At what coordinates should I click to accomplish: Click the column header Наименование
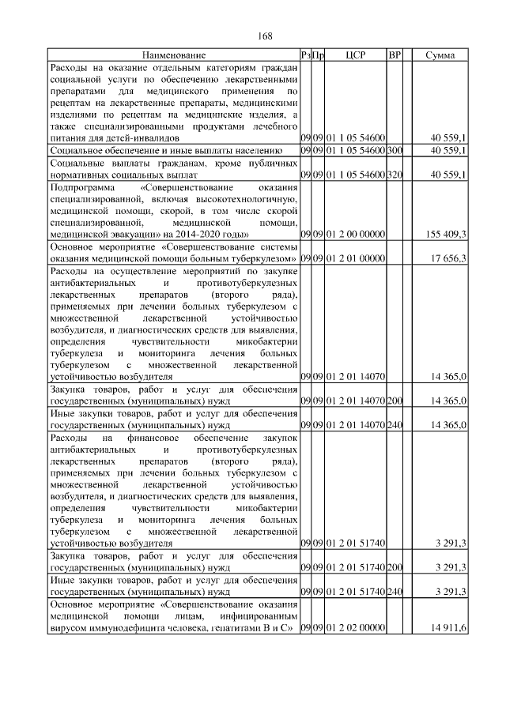174,55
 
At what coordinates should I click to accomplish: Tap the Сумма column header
440,55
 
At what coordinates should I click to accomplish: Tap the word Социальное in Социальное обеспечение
77,149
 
